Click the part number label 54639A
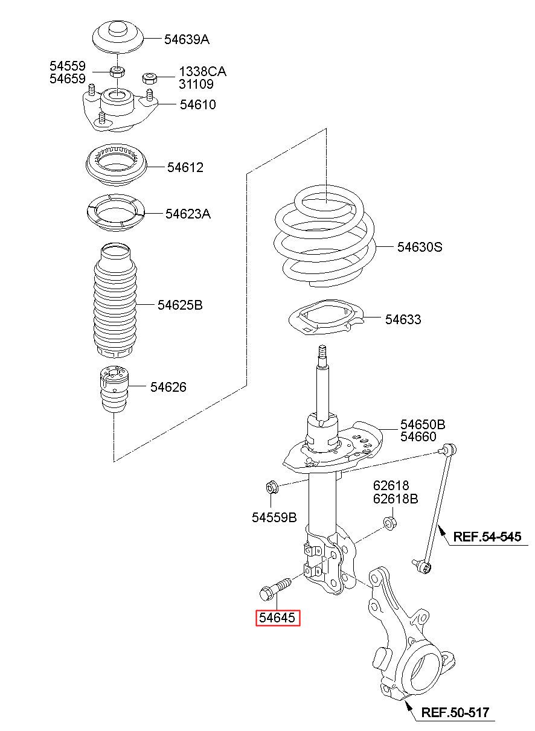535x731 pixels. pos(187,40)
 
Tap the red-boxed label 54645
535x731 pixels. pos(277,618)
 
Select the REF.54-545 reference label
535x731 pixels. pos(487,537)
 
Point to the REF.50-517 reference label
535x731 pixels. pos(455,712)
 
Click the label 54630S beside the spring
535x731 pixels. pos(420,247)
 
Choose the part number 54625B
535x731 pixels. pos(180,305)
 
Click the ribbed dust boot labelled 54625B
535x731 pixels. pos(114,302)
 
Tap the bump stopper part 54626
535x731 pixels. pos(114,392)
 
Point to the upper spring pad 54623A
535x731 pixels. pos(114,212)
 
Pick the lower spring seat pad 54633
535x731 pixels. pos(320,319)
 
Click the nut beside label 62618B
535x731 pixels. pos(389,523)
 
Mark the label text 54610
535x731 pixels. pos(197,104)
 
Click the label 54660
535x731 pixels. pos(423,436)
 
